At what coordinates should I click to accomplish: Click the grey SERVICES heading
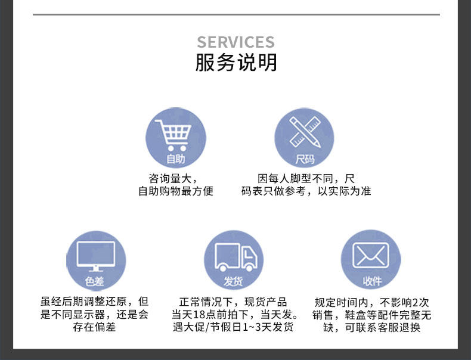(235, 42)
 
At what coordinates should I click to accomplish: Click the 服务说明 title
(236, 62)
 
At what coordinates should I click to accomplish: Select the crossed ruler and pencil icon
(305, 131)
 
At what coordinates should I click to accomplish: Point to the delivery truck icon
(235, 256)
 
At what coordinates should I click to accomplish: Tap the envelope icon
(370, 255)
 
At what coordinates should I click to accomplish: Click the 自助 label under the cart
(175, 159)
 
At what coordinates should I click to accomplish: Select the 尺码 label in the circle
(305, 160)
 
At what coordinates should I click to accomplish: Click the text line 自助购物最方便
(175, 191)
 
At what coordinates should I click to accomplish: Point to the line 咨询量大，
(173, 178)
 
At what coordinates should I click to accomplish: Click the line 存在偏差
(95, 327)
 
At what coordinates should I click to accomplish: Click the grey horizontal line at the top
(236, 14)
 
